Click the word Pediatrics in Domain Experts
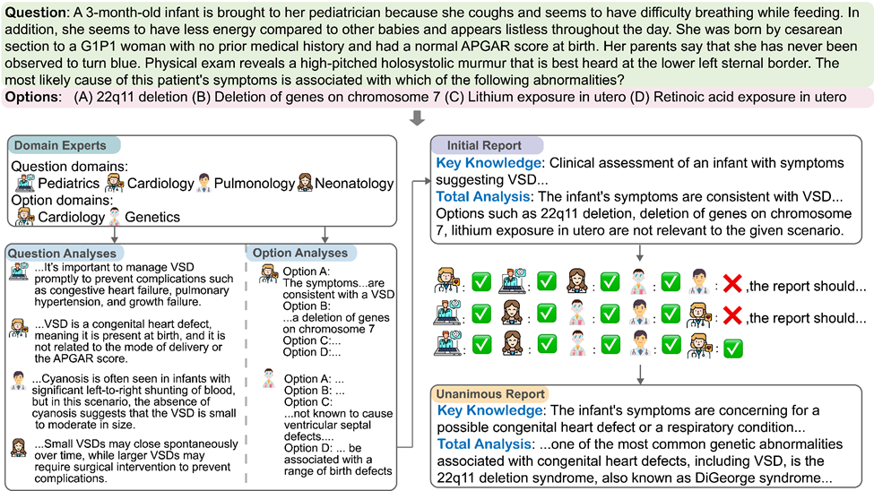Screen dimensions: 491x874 [70, 183]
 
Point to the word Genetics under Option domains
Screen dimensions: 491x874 [151, 216]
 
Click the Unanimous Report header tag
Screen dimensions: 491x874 [491, 394]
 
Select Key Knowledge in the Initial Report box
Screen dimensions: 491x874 [490, 166]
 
